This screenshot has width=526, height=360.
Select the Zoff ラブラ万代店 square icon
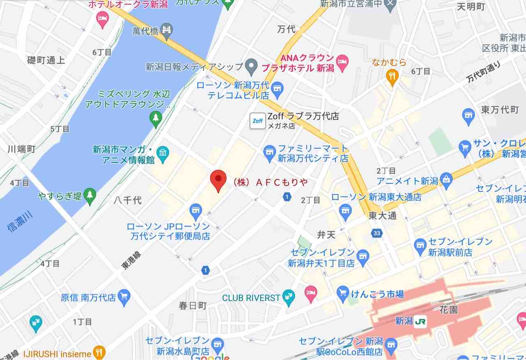point(258,120)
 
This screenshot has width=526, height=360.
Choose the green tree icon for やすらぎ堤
point(90,196)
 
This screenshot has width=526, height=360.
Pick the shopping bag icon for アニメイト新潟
point(446,179)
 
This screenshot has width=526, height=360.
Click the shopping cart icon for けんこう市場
point(342,293)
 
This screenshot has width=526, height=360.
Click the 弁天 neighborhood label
point(327,235)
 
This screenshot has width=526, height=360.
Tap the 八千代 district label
point(127,200)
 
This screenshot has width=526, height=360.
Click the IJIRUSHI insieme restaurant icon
point(99,352)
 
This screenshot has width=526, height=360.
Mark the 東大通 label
point(382,215)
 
